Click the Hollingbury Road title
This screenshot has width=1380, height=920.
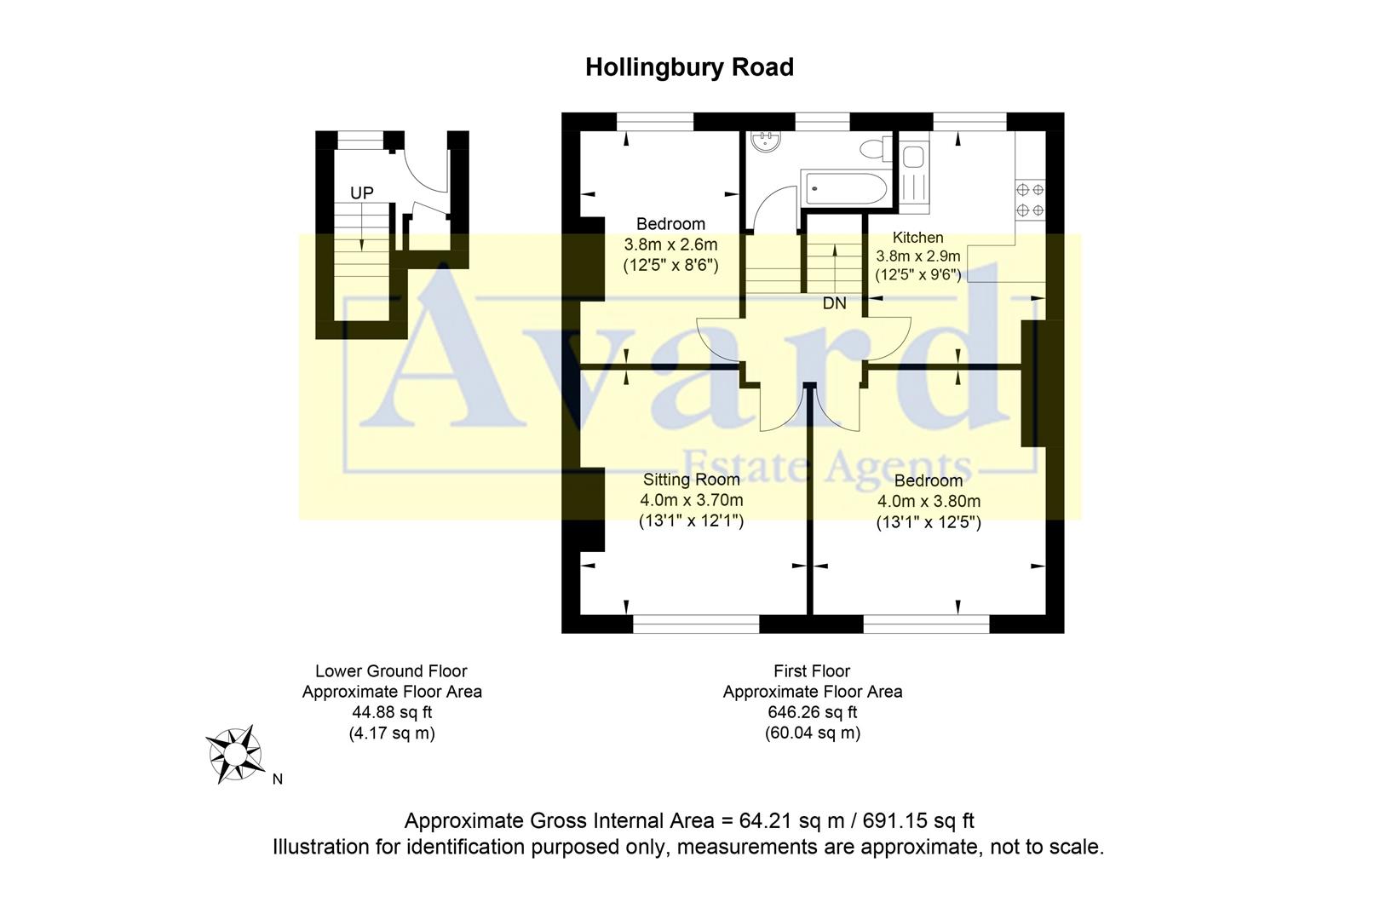pyautogui.click(x=689, y=67)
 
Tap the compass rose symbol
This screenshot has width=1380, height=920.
pyautogui.click(x=233, y=754)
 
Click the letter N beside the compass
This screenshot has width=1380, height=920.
pyautogui.click(x=277, y=779)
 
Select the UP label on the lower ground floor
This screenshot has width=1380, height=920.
pyautogui.click(x=362, y=193)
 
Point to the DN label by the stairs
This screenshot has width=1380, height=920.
pyautogui.click(x=834, y=303)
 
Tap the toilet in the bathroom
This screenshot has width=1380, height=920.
pyautogui.click(x=873, y=150)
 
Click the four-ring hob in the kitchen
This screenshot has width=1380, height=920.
pyautogui.click(x=1029, y=200)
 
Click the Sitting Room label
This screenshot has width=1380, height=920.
pyautogui.click(x=690, y=480)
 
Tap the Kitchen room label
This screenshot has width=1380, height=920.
pyautogui.click(x=917, y=238)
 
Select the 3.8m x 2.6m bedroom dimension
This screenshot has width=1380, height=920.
pyautogui.click(x=670, y=244)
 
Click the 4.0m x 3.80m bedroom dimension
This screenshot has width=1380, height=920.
pyautogui.click(x=929, y=501)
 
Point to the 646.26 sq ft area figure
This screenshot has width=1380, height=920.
pyautogui.click(x=812, y=712)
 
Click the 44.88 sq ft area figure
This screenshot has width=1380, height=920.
pyautogui.click(x=392, y=712)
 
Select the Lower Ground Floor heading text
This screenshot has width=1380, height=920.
pyautogui.click(x=391, y=671)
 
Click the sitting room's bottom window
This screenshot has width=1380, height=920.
pyautogui.click(x=696, y=625)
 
